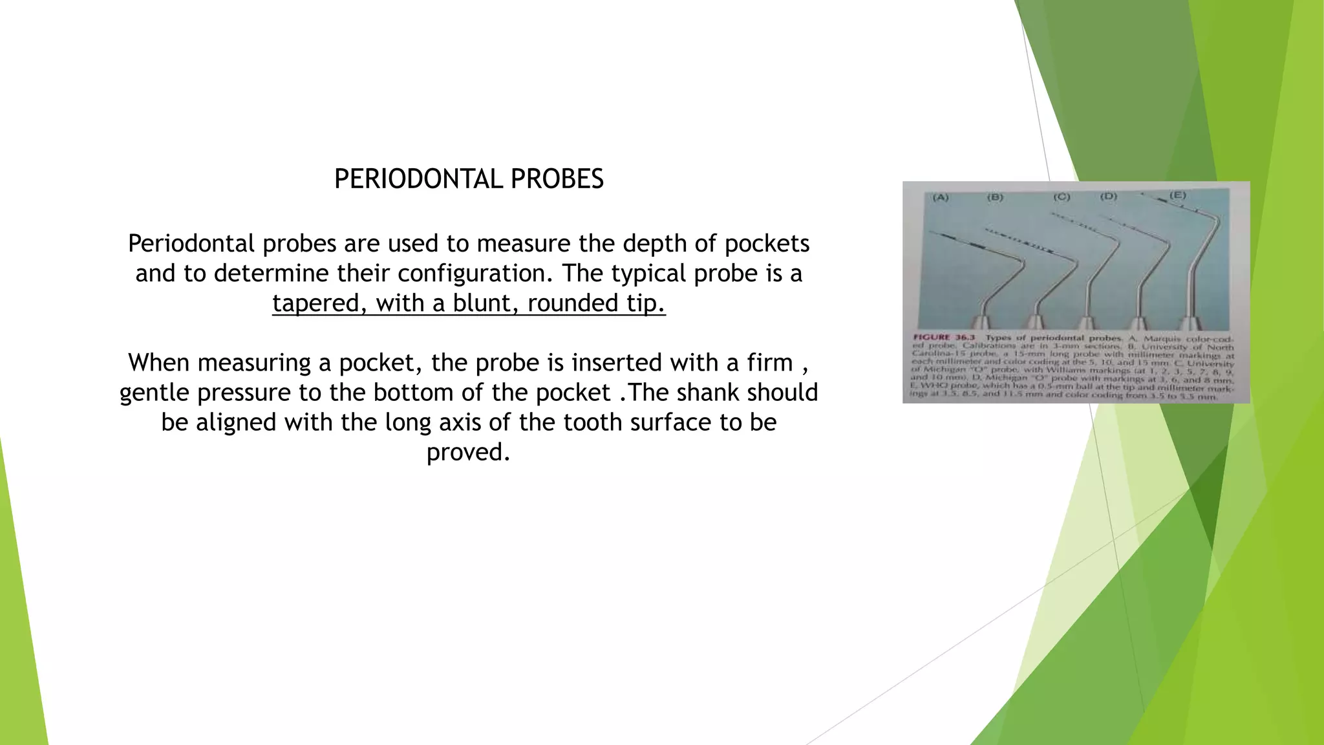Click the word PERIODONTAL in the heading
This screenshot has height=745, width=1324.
(418, 179)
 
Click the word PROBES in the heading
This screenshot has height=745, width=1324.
(557, 179)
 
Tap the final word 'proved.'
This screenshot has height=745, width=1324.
(469, 452)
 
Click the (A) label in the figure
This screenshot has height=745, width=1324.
(940, 197)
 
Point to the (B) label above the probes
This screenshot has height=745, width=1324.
(995, 197)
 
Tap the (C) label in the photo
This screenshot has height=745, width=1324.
(1062, 197)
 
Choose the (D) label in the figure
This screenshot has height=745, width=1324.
(1109, 196)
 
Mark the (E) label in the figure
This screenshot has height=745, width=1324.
(1178, 195)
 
